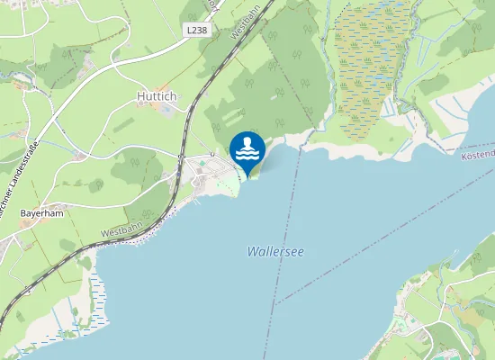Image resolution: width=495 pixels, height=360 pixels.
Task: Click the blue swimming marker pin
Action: coord(247,149)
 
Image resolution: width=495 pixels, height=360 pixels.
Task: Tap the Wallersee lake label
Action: coord(274,253)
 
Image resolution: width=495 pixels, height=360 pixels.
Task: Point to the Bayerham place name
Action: coord(40,213)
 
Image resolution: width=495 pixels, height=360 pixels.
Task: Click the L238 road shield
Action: coord(197,30)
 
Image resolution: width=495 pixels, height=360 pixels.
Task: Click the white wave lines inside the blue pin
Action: coord(247,155)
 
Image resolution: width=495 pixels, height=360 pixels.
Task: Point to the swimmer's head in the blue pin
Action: coord(247,142)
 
